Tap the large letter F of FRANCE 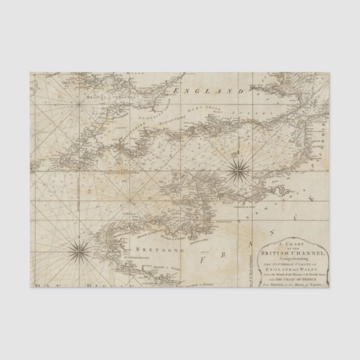pos(203,259)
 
